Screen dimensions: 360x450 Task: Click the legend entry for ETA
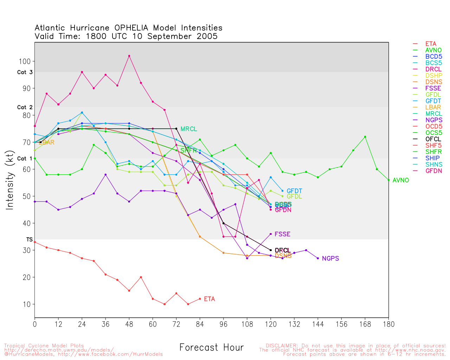(x=431, y=44)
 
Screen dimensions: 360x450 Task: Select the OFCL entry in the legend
(x=433, y=139)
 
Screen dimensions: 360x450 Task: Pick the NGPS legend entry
(x=433, y=120)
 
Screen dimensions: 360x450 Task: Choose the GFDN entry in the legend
(x=433, y=171)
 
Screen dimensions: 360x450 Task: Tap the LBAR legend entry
(x=433, y=108)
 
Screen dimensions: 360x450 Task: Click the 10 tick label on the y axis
(x=27, y=304)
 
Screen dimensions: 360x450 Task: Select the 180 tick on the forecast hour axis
(x=388, y=324)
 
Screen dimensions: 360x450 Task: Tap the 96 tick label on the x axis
(x=223, y=324)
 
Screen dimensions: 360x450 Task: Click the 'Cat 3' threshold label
(x=25, y=72)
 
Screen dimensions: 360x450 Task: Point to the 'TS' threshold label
(x=29, y=239)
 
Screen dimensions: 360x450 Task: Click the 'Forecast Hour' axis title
(x=211, y=348)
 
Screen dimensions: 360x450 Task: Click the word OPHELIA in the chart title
(x=131, y=28)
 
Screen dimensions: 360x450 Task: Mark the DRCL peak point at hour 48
(x=129, y=56)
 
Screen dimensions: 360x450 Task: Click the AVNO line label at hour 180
(x=400, y=180)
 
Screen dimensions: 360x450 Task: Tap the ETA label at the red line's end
(x=209, y=299)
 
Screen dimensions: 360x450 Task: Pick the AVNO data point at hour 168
(x=365, y=137)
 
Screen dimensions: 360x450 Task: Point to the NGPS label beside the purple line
(x=330, y=259)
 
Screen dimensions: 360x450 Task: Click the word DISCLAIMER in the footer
(x=282, y=346)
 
